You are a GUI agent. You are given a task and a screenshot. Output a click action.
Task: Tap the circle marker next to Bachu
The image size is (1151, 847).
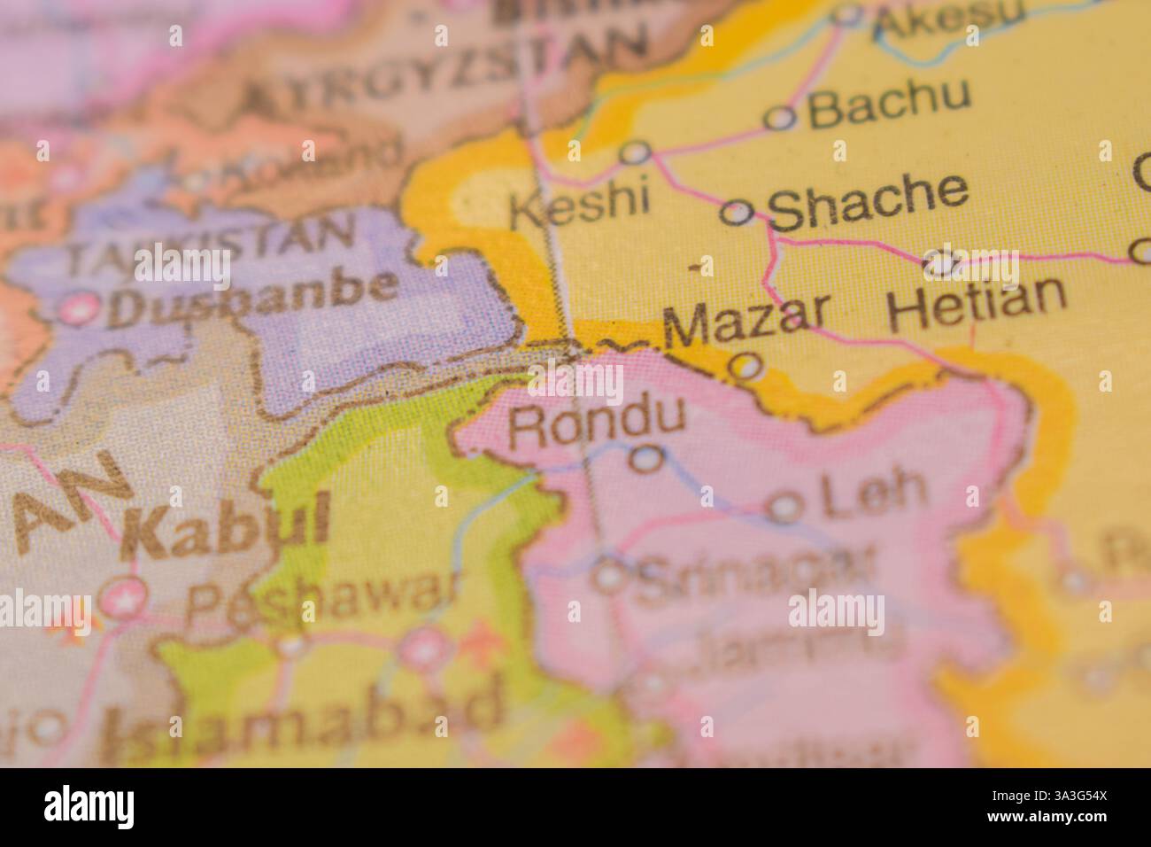point(780,118)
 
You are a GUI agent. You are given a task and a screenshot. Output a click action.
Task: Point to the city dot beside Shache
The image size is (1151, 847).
point(738,213)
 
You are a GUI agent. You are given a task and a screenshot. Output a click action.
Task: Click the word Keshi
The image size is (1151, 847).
point(581,205)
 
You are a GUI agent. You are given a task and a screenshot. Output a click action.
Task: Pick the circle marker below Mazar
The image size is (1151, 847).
point(748,365)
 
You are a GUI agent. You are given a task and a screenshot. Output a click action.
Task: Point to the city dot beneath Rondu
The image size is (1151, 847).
point(648,458)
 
